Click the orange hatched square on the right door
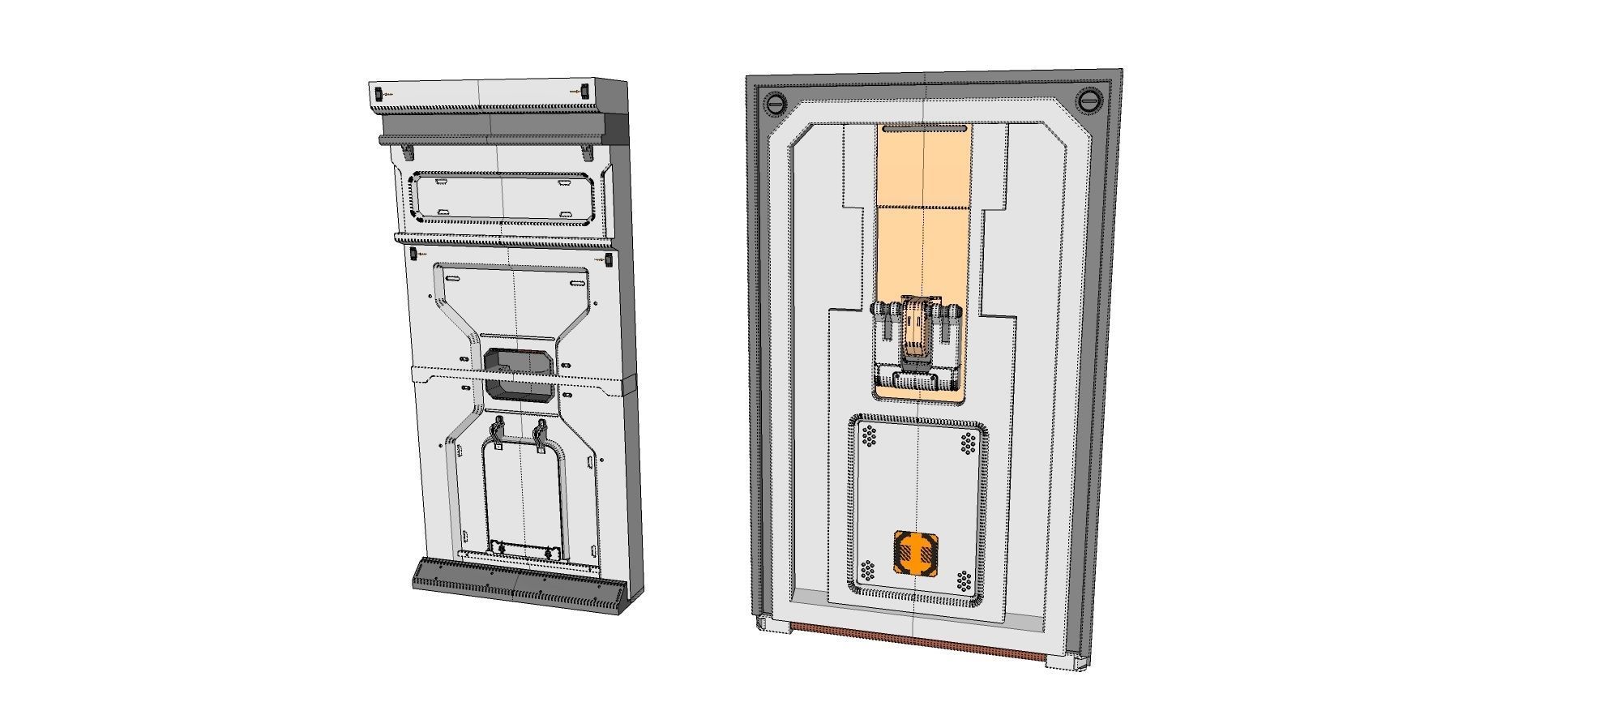click(916, 553)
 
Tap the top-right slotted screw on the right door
click(1089, 101)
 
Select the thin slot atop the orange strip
click(924, 128)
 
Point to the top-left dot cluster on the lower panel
click(870, 436)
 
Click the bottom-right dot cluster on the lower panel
click(964, 580)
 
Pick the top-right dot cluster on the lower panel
click(968, 443)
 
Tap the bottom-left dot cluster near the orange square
click(868, 571)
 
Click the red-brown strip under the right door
click(916, 642)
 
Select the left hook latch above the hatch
click(498, 433)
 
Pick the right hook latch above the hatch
click(540, 435)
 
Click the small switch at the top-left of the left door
click(378, 94)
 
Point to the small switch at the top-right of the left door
click(584, 91)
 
